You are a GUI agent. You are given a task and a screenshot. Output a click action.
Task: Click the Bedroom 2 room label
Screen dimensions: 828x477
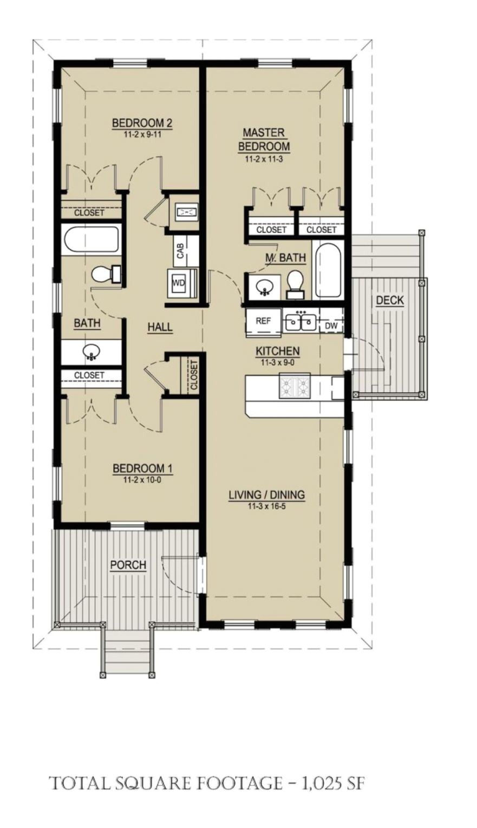(142, 123)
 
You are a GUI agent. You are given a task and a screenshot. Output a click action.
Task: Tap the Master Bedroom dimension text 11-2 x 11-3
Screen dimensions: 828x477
(264, 159)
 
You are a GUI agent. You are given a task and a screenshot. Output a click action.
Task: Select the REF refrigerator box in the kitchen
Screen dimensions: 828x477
(263, 321)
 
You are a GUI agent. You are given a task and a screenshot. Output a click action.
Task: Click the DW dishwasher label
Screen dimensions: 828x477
(331, 326)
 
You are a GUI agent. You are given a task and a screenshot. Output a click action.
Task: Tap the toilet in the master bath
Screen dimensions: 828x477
(296, 284)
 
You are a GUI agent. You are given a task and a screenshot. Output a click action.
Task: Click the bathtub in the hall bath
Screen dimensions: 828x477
(91, 240)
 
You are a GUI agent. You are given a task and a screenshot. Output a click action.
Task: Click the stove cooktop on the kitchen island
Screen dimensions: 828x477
(295, 386)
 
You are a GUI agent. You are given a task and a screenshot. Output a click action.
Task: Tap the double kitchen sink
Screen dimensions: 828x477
(299, 321)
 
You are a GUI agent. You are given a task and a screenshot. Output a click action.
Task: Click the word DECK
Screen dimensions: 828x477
(390, 300)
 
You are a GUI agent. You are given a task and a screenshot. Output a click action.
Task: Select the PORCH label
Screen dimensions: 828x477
(128, 565)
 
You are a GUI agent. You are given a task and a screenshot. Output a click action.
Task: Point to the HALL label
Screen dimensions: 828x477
(160, 327)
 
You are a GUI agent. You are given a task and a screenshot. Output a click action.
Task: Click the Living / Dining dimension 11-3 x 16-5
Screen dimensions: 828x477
(266, 507)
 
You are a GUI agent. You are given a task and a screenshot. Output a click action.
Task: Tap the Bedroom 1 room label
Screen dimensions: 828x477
(142, 468)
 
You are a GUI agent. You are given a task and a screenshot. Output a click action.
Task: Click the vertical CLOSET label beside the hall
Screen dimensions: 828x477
(194, 375)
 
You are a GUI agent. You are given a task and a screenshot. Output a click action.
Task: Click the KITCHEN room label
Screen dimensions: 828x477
(278, 352)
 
